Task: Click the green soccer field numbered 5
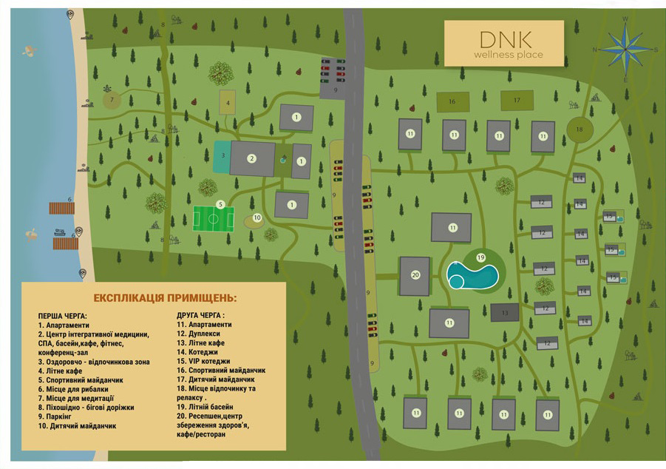(x=214, y=218)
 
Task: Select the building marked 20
(x=415, y=276)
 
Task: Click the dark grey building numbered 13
(x=504, y=312)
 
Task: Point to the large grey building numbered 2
(x=251, y=158)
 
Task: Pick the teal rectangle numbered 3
(x=222, y=156)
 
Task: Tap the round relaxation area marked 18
(x=579, y=129)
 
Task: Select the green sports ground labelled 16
(x=451, y=101)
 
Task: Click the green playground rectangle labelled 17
(x=517, y=101)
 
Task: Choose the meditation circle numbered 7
(x=112, y=99)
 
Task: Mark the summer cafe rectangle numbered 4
(x=228, y=103)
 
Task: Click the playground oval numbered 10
(x=256, y=218)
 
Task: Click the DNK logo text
(x=506, y=38)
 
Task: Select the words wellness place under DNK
(x=509, y=55)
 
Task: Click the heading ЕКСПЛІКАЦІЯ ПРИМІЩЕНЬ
(x=165, y=297)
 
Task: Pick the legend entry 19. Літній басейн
(x=205, y=407)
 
